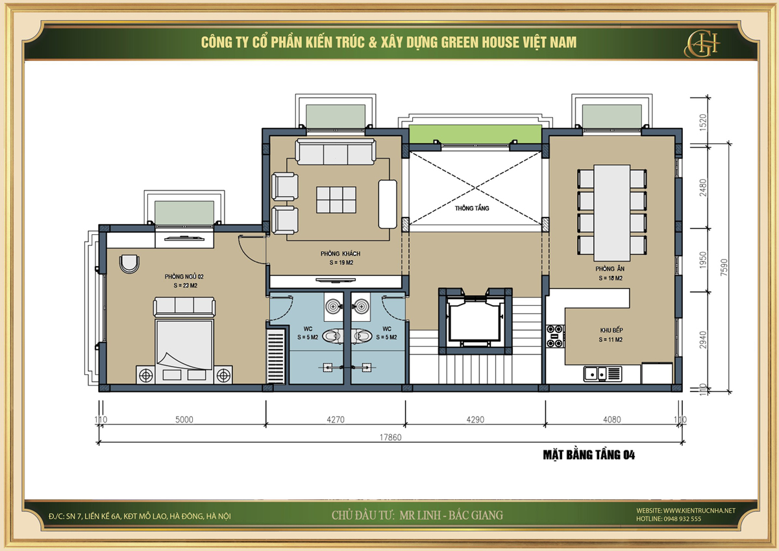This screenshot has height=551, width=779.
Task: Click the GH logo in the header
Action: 702,43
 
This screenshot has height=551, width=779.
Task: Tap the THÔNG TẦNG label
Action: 472,208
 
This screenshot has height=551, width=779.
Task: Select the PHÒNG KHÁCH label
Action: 340,254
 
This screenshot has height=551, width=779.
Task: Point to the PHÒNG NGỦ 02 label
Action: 184,276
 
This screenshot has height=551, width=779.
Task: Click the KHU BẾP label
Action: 612,330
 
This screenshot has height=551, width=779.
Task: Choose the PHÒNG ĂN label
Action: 610,269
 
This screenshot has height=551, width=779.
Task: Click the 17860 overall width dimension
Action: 390,437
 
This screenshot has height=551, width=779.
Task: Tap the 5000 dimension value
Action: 184,420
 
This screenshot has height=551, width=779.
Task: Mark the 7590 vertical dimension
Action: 724,267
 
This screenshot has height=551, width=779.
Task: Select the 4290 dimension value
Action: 475,420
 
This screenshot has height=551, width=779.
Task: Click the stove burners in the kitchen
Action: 554,336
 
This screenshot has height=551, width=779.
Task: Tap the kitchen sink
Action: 602,374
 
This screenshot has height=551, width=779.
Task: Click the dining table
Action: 612,213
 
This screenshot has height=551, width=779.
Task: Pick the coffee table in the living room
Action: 336,200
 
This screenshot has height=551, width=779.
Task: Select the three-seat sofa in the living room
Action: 335,152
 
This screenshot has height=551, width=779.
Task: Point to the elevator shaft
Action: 475,321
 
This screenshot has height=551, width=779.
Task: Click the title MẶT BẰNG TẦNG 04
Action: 589,455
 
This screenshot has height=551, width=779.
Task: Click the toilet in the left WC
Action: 332,336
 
